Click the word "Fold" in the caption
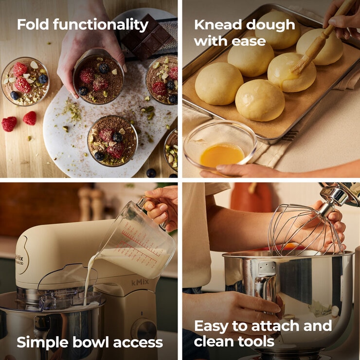click(x=32, y=24)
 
